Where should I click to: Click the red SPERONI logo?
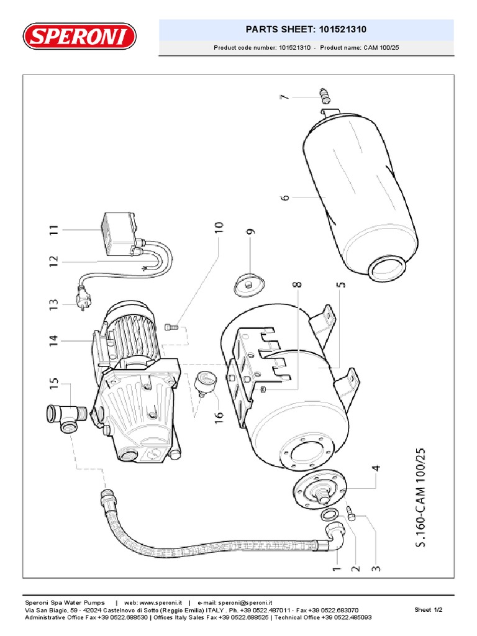tap(79, 36)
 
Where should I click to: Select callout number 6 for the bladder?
tap(285, 198)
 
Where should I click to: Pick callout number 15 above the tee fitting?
tap(53, 384)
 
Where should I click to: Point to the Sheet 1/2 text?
tap(428, 610)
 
